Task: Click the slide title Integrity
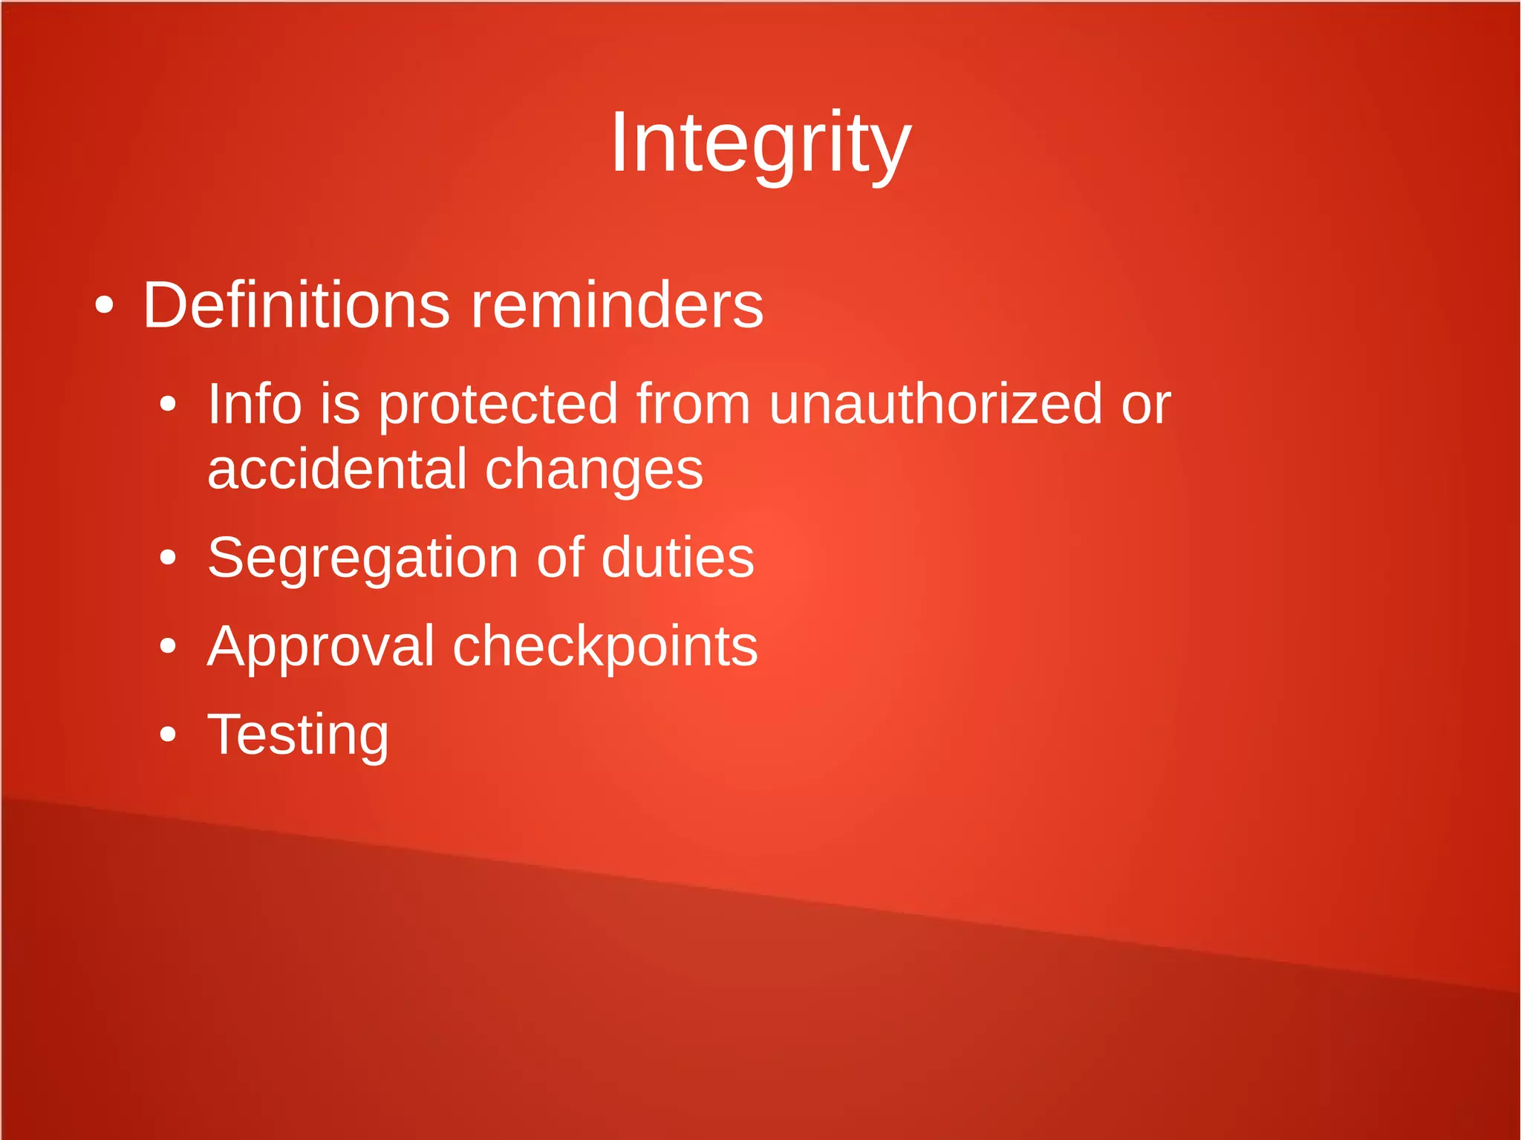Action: [760, 143]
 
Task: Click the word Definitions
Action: [296, 305]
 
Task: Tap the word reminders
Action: [617, 305]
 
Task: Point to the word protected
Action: [498, 405]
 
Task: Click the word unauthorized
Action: [936, 404]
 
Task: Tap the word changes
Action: [593, 471]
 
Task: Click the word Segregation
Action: [362, 558]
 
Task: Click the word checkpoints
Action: [605, 647]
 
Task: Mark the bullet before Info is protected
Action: [169, 405]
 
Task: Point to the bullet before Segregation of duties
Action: [169, 558]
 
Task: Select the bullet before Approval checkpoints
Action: [169, 646]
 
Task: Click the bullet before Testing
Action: [169, 735]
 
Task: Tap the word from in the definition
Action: [694, 404]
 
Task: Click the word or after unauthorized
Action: [1146, 405]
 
